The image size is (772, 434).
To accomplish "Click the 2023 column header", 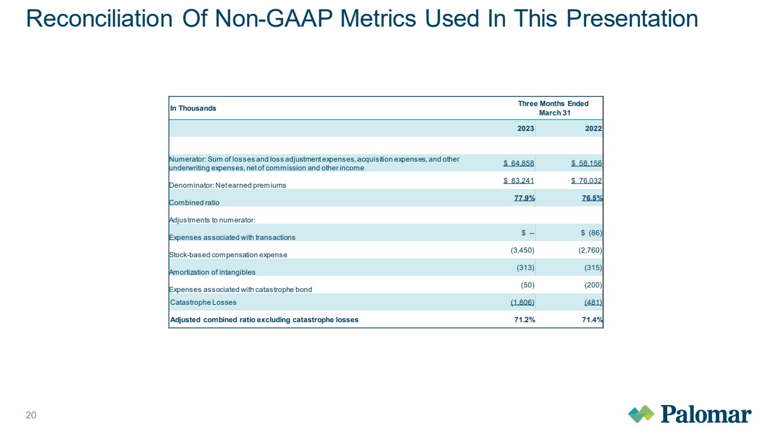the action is [x=526, y=129].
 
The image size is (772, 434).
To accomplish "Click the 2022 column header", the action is [x=594, y=129].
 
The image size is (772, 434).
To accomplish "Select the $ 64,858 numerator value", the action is [x=519, y=163].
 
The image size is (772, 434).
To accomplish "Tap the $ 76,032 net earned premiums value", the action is [x=587, y=181].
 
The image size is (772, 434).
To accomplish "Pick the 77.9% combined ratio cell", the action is [x=525, y=198].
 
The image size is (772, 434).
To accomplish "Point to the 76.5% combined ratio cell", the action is [x=592, y=198].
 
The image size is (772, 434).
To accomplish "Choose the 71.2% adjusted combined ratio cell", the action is [x=525, y=320].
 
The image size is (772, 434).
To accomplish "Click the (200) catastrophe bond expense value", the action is [x=593, y=285].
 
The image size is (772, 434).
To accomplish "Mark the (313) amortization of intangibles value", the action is [x=525, y=268].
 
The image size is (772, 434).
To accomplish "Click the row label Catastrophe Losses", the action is [x=203, y=302].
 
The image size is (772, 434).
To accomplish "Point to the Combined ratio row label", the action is [x=194, y=203].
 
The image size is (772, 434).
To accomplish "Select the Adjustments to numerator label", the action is [x=212, y=220].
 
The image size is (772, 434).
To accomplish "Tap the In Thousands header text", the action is [x=193, y=108].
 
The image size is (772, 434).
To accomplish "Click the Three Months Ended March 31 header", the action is [x=554, y=108].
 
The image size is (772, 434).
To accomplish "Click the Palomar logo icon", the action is [x=641, y=414].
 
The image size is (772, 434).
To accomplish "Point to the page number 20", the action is [x=31, y=415].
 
